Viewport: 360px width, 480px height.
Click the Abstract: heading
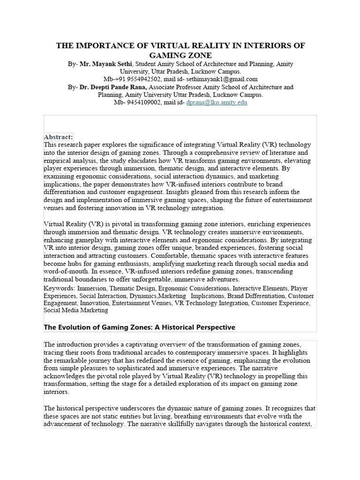[x=58, y=137]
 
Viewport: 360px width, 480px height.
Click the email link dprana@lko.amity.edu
[x=217, y=102]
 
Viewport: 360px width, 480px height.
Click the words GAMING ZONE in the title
[x=180, y=55]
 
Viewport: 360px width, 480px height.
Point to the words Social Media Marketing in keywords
[x=76, y=310]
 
